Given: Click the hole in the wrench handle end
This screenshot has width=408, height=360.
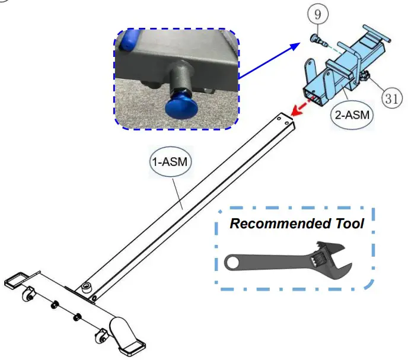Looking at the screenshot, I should click(x=235, y=262).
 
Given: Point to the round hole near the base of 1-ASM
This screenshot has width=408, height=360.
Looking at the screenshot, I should click(x=87, y=286).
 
